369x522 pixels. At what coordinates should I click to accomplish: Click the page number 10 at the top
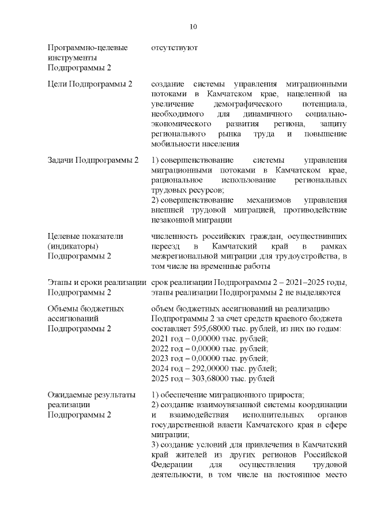pos(194,27)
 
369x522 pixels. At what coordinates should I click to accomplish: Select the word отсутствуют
pos(174,48)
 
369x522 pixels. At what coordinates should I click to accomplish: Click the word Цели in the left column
pos(58,84)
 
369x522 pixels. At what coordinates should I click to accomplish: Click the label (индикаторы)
pos(73,246)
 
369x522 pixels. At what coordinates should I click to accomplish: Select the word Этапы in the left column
pos(61,282)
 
